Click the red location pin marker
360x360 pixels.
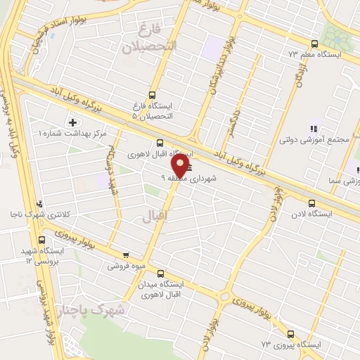click(x=180, y=166)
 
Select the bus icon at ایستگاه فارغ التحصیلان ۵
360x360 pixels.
click(x=153, y=95)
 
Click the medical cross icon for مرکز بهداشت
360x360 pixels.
click(x=72, y=122)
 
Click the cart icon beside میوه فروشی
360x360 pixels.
click(x=126, y=255)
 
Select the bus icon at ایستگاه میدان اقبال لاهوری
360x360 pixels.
click(x=161, y=274)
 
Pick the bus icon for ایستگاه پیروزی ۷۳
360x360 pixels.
click(x=291, y=335)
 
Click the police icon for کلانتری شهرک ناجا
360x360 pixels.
click(x=39, y=205)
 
